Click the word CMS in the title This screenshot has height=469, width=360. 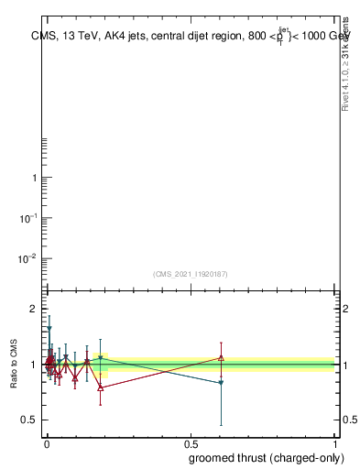(x=42, y=38)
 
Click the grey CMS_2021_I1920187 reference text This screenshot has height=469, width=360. (x=191, y=274)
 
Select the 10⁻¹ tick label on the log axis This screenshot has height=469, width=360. (x=29, y=218)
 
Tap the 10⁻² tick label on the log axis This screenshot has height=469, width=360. (x=29, y=258)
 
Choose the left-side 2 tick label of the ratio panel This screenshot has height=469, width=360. (x=33, y=309)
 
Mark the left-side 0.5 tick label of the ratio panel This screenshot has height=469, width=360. (x=29, y=420)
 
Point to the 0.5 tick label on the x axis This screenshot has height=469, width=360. (x=191, y=442)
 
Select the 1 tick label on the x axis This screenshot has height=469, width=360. (x=334, y=442)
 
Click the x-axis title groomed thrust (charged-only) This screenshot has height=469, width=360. (x=262, y=457)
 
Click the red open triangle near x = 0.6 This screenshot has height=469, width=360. (x=221, y=357)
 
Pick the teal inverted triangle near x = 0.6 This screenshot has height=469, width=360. (x=221, y=383)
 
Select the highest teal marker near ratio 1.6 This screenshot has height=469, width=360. (x=49, y=328)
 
